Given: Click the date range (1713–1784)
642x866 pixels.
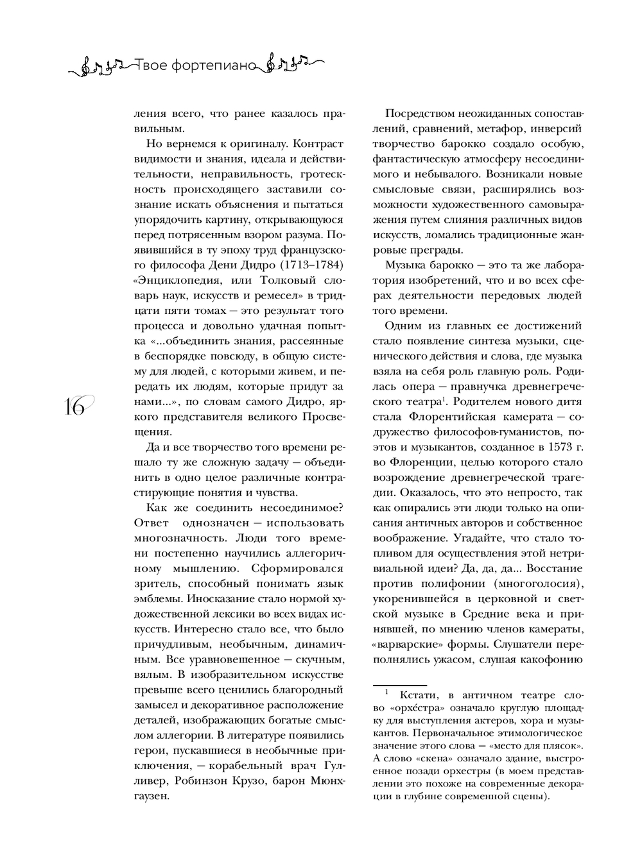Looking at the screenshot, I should pyautogui.click(x=308, y=264).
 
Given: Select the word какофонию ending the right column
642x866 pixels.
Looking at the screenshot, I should pyautogui.click(x=551, y=659).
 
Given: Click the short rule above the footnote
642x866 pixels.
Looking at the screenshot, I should pyautogui.click(x=399, y=685).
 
